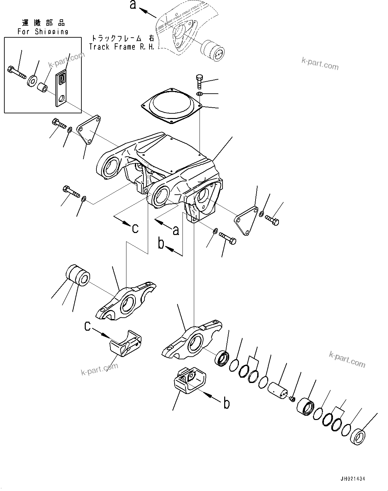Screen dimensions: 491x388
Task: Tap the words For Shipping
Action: pos(43,32)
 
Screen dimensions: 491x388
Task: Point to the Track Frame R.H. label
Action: pos(122,47)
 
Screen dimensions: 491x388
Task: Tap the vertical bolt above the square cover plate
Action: pos(200,81)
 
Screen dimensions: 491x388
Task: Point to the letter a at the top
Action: pos(133,5)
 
